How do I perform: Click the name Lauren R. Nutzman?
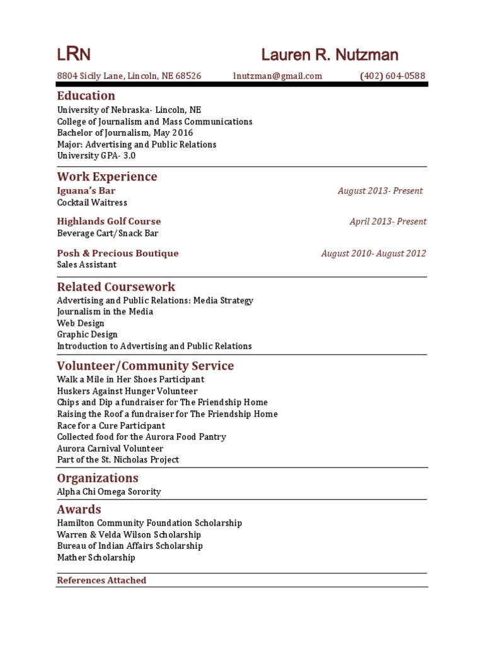[x=330, y=55]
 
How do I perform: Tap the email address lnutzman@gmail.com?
[x=277, y=76]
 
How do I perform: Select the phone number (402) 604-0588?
[x=393, y=76]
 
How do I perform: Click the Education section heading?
[x=86, y=96]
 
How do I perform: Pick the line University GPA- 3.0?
[x=96, y=156]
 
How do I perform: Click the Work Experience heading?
[x=107, y=177]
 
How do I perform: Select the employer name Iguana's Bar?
[x=86, y=191]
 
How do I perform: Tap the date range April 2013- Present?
[x=388, y=221]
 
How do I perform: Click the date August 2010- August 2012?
[x=373, y=253]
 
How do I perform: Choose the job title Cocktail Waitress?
[x=92, y=203]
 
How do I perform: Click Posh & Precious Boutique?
[x=118, y=253]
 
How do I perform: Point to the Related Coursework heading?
[x=116, y=287]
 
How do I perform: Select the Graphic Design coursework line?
[x=87, y=334]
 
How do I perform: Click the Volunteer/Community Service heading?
[x=145, y=366]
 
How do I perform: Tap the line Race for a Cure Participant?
[x=111, y=425]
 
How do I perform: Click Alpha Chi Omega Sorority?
[x=109, y=491]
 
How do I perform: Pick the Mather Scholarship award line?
[x=96, y=558]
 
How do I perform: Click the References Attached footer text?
[x=101, y=580]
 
